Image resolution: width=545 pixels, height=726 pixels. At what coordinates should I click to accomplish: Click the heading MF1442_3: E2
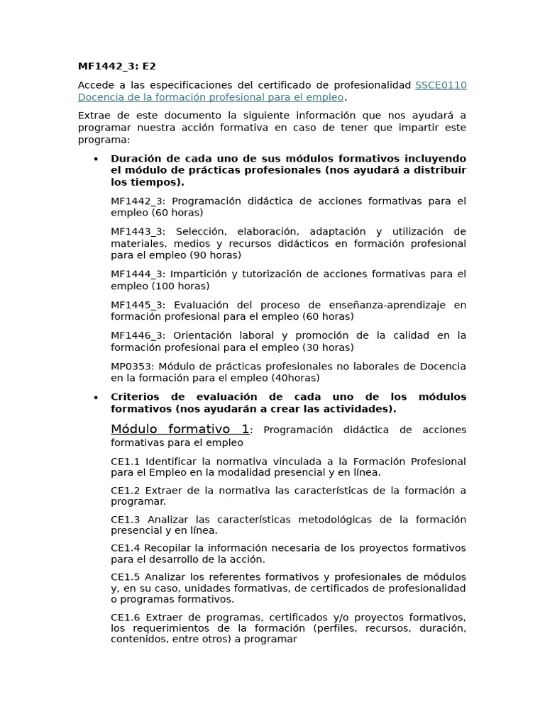(116, 67)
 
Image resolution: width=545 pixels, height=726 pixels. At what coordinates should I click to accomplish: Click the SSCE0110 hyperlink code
(441, 85)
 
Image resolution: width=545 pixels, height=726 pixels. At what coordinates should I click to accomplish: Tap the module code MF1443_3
(138, 231)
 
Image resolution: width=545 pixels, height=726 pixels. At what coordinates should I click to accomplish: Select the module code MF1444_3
(138, 274)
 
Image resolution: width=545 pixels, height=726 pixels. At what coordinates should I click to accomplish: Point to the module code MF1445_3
(138, 305)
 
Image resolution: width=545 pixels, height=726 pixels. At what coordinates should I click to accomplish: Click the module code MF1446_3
(138, 335)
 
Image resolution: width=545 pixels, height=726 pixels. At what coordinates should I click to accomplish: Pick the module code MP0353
(132, 367)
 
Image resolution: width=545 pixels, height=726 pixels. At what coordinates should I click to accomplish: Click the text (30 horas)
(329, 347)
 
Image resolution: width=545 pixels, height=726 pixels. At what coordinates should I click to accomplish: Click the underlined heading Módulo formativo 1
(180, 429)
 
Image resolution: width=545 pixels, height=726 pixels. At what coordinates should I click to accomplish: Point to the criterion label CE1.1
(125, 462)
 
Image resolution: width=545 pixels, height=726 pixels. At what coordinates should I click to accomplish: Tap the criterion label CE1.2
(125, 491)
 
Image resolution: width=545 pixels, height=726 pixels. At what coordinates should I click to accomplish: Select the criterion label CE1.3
(125, 520)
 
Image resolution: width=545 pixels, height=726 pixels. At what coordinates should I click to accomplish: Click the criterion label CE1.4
(125, 548)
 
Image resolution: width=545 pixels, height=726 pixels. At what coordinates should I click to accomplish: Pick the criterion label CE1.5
(125, 576)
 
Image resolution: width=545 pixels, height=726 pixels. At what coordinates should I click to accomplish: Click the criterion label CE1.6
(125, 617)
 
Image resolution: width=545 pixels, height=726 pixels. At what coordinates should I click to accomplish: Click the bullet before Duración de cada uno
(95, 159)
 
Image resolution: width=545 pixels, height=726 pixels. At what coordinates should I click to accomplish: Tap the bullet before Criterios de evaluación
(95, 398)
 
